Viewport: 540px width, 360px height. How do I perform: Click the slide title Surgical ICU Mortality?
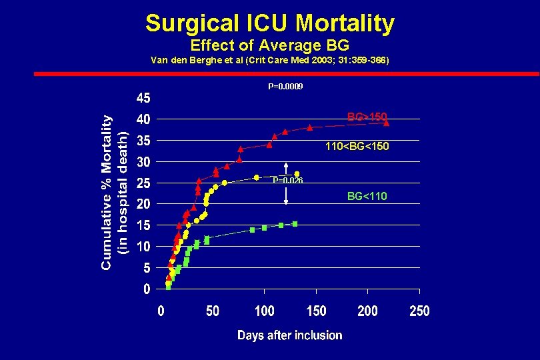point(270,23)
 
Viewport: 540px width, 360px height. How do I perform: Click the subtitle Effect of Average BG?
point(270,46)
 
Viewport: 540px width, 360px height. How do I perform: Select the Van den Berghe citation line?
point(270,61)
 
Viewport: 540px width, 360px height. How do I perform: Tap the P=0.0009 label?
point(285,87)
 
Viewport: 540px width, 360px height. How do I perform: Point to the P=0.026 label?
point(287,181)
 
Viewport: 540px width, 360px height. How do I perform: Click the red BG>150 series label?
point(367,117)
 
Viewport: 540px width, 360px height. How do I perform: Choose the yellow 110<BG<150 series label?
point(357,146)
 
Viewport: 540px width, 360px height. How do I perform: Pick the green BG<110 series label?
point(367,196)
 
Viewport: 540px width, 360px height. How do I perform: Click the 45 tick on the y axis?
point(143,99)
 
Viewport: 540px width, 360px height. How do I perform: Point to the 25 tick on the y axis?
point(143,183)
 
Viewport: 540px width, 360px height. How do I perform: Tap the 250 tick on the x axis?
point(419,311)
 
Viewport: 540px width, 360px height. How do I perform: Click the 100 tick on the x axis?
point(265,311)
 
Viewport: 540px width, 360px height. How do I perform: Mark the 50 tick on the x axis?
point(213,311)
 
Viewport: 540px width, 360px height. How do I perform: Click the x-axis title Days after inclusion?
point(290,335)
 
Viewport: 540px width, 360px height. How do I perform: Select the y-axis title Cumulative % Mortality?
point(107,190)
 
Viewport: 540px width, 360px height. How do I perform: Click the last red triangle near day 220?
point(387,123)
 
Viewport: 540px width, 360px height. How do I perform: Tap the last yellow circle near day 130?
point(297,174)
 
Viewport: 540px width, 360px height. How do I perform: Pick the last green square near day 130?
point(295,224)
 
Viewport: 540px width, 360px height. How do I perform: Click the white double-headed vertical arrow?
point(285,183)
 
